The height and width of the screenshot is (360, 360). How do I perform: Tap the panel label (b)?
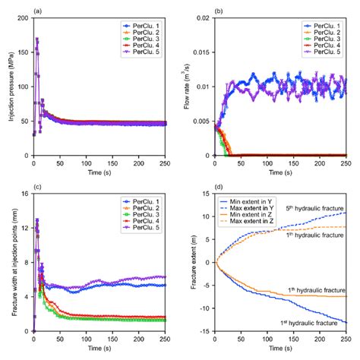(x=220, y=8)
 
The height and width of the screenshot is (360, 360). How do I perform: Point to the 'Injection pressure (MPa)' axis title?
(x=10, y=87)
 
